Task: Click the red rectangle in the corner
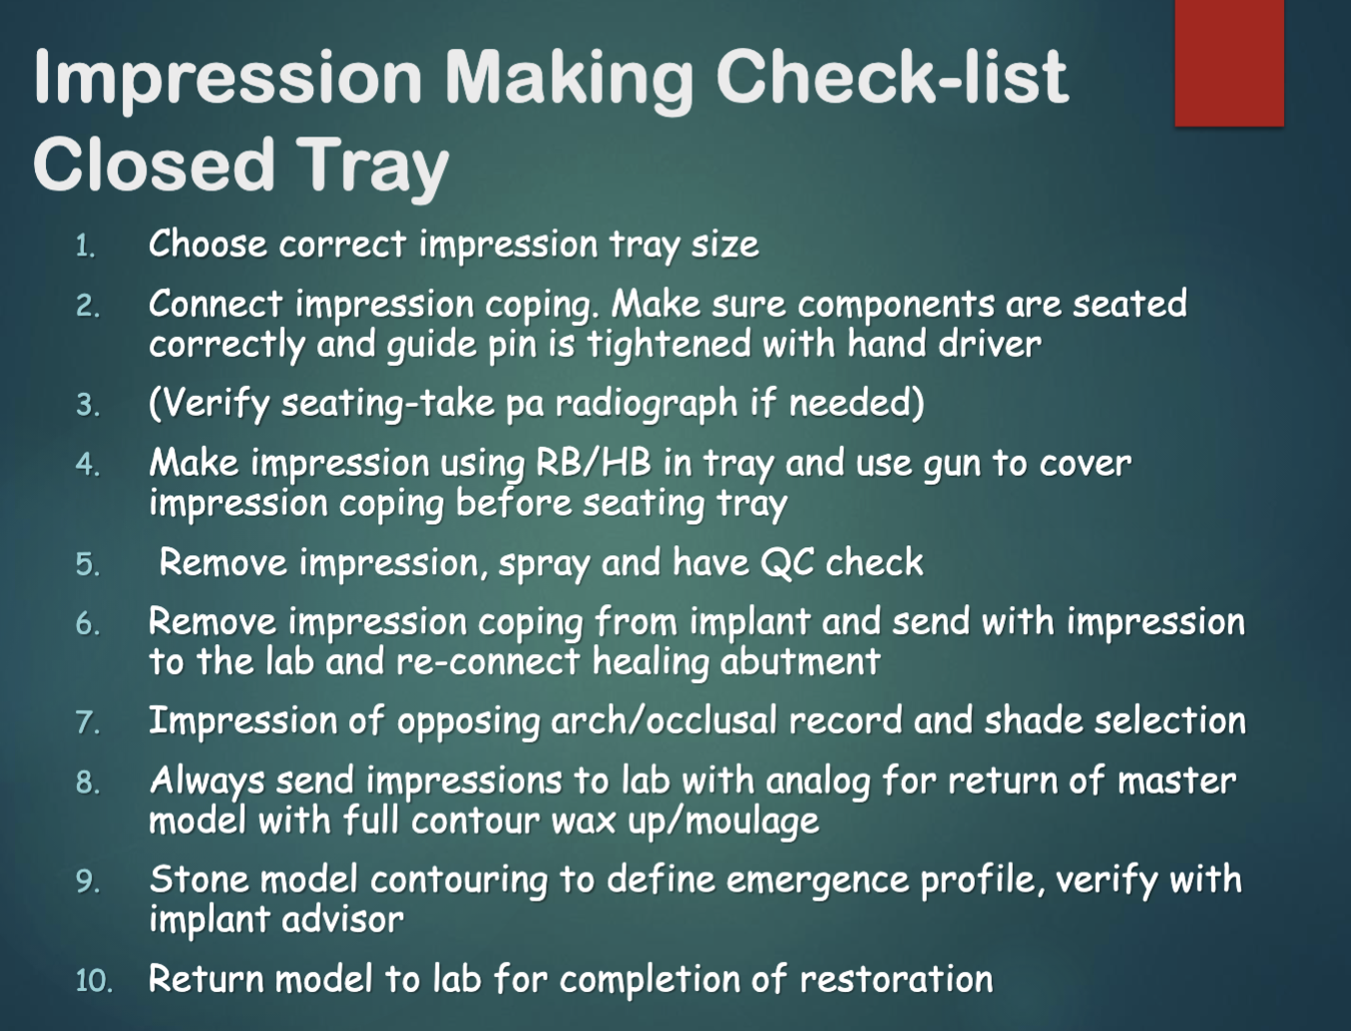pyautogui.click(x=1228, y=63)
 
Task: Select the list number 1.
pyautogui.click(x=86, y=246)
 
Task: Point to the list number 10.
pyautogui.click(x=94, y=980)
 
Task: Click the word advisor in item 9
pyautogui.click(x=341, y=919)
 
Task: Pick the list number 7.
pyautogui.click(x=88, y=722)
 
